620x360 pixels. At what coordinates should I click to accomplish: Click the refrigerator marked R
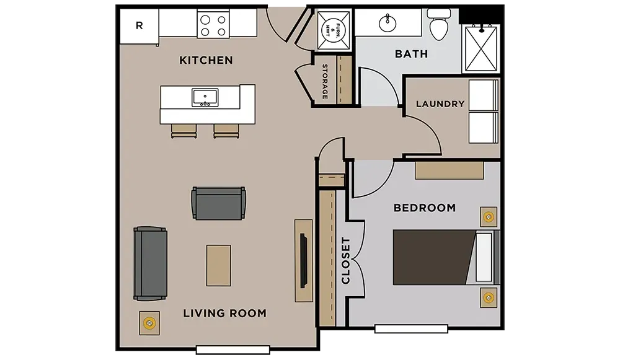pos(139,26)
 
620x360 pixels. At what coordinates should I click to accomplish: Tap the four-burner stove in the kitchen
pos(213,25)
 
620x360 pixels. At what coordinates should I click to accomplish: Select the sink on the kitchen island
pos(205,98)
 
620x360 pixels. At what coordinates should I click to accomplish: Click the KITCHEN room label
pos(206,60)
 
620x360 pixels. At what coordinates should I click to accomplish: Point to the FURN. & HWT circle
pos(333,30)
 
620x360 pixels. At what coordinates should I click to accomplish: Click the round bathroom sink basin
pos(387,24)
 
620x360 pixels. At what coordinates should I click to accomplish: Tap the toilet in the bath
pos(439,25)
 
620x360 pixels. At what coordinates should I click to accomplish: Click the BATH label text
pos(411,54)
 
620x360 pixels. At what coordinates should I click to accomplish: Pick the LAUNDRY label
pos(440,104)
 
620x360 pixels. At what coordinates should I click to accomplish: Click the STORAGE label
pos(325,81)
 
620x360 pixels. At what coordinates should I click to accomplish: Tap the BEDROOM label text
pos(425,208)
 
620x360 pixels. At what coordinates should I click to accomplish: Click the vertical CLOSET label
pos(345,261)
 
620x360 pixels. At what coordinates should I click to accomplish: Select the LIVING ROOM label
pos(224,314)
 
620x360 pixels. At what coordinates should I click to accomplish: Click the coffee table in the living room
pos(218,266)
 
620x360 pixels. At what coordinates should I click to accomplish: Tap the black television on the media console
pos(303,261)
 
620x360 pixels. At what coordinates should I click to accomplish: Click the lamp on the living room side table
pos(149,323)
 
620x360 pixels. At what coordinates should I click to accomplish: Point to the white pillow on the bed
pos(484,258)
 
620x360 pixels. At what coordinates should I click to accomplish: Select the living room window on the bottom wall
pos(233,349)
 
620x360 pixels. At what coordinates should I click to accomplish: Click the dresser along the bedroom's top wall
pos(449,170)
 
